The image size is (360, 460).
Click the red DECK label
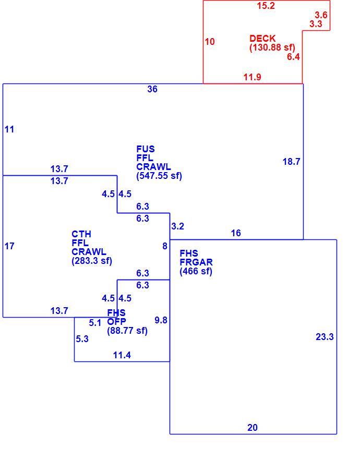point(262,39)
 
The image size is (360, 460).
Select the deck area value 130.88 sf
point(272,47)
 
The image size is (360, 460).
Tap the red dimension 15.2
point(266,6)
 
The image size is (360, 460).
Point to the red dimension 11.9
point(253,77)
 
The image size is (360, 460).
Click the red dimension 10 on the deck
point(210,42)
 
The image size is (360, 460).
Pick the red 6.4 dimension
point(293,57)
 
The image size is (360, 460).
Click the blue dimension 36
point(152,89)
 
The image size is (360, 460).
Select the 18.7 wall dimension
point(291,162)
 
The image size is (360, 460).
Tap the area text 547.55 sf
point(159,176)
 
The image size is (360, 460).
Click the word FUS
point(146,149)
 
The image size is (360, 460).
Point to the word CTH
point(81,234)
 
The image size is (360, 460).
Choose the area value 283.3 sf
point(92,261)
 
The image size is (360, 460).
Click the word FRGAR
point(196,262)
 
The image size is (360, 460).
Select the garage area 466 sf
point(196,271)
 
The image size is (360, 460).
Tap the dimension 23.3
point(325,337)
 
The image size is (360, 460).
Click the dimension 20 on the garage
point(253,428)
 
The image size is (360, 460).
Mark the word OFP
point(116,321)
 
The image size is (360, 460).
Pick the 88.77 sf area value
point(127,331)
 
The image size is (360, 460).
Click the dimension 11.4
point(122,355)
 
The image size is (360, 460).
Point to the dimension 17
point(9,246)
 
